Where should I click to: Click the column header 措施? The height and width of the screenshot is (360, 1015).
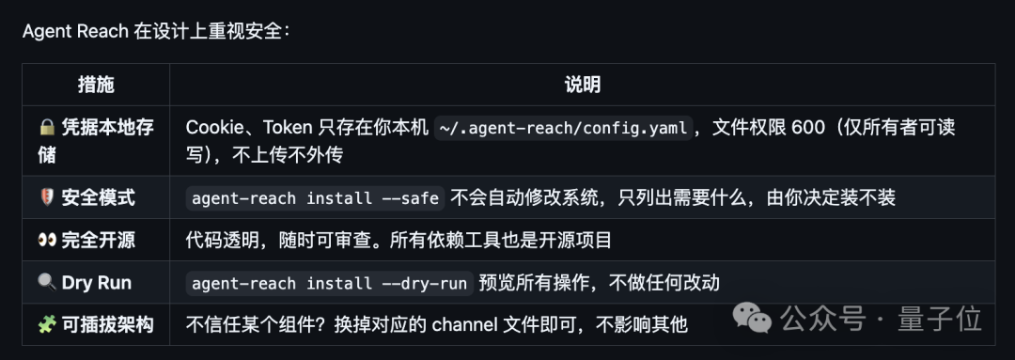tap(96, 85)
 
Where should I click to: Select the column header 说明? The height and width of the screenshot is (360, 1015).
tap(582, 85)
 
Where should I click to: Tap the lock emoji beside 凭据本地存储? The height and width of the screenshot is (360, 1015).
tap(47, 127)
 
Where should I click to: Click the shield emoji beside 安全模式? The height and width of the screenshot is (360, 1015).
tap(47, 197)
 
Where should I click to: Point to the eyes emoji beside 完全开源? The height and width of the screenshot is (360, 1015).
tap(47, 241)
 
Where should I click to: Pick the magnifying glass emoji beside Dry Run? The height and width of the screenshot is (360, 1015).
tap(47, 282)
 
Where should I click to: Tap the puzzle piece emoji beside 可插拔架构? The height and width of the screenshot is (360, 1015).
tap(47, 324)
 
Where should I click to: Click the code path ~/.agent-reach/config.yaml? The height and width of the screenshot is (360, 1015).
tap(563, 128)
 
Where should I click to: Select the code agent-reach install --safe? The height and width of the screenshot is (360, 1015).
tap(315, 197)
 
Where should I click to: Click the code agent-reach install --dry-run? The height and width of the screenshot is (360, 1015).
tap(330, 283)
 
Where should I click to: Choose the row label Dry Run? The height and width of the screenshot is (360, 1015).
tap(97, 283)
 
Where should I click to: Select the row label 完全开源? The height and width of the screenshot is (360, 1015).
tap(99, 241)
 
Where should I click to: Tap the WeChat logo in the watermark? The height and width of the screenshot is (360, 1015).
tap(752, 319)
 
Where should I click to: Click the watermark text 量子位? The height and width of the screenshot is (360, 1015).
tap(940, 320)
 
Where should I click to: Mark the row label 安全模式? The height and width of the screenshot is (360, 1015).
tap(99, 197)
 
